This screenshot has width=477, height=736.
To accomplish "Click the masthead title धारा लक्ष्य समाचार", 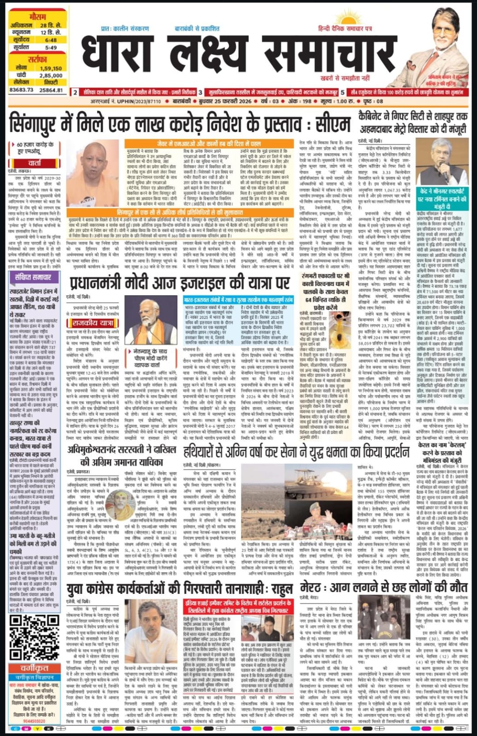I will [x=233, y=54].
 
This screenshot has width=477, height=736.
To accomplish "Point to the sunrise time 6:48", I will [x=51, y=40].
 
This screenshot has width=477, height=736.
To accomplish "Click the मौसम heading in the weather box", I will [x=37, y=17].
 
